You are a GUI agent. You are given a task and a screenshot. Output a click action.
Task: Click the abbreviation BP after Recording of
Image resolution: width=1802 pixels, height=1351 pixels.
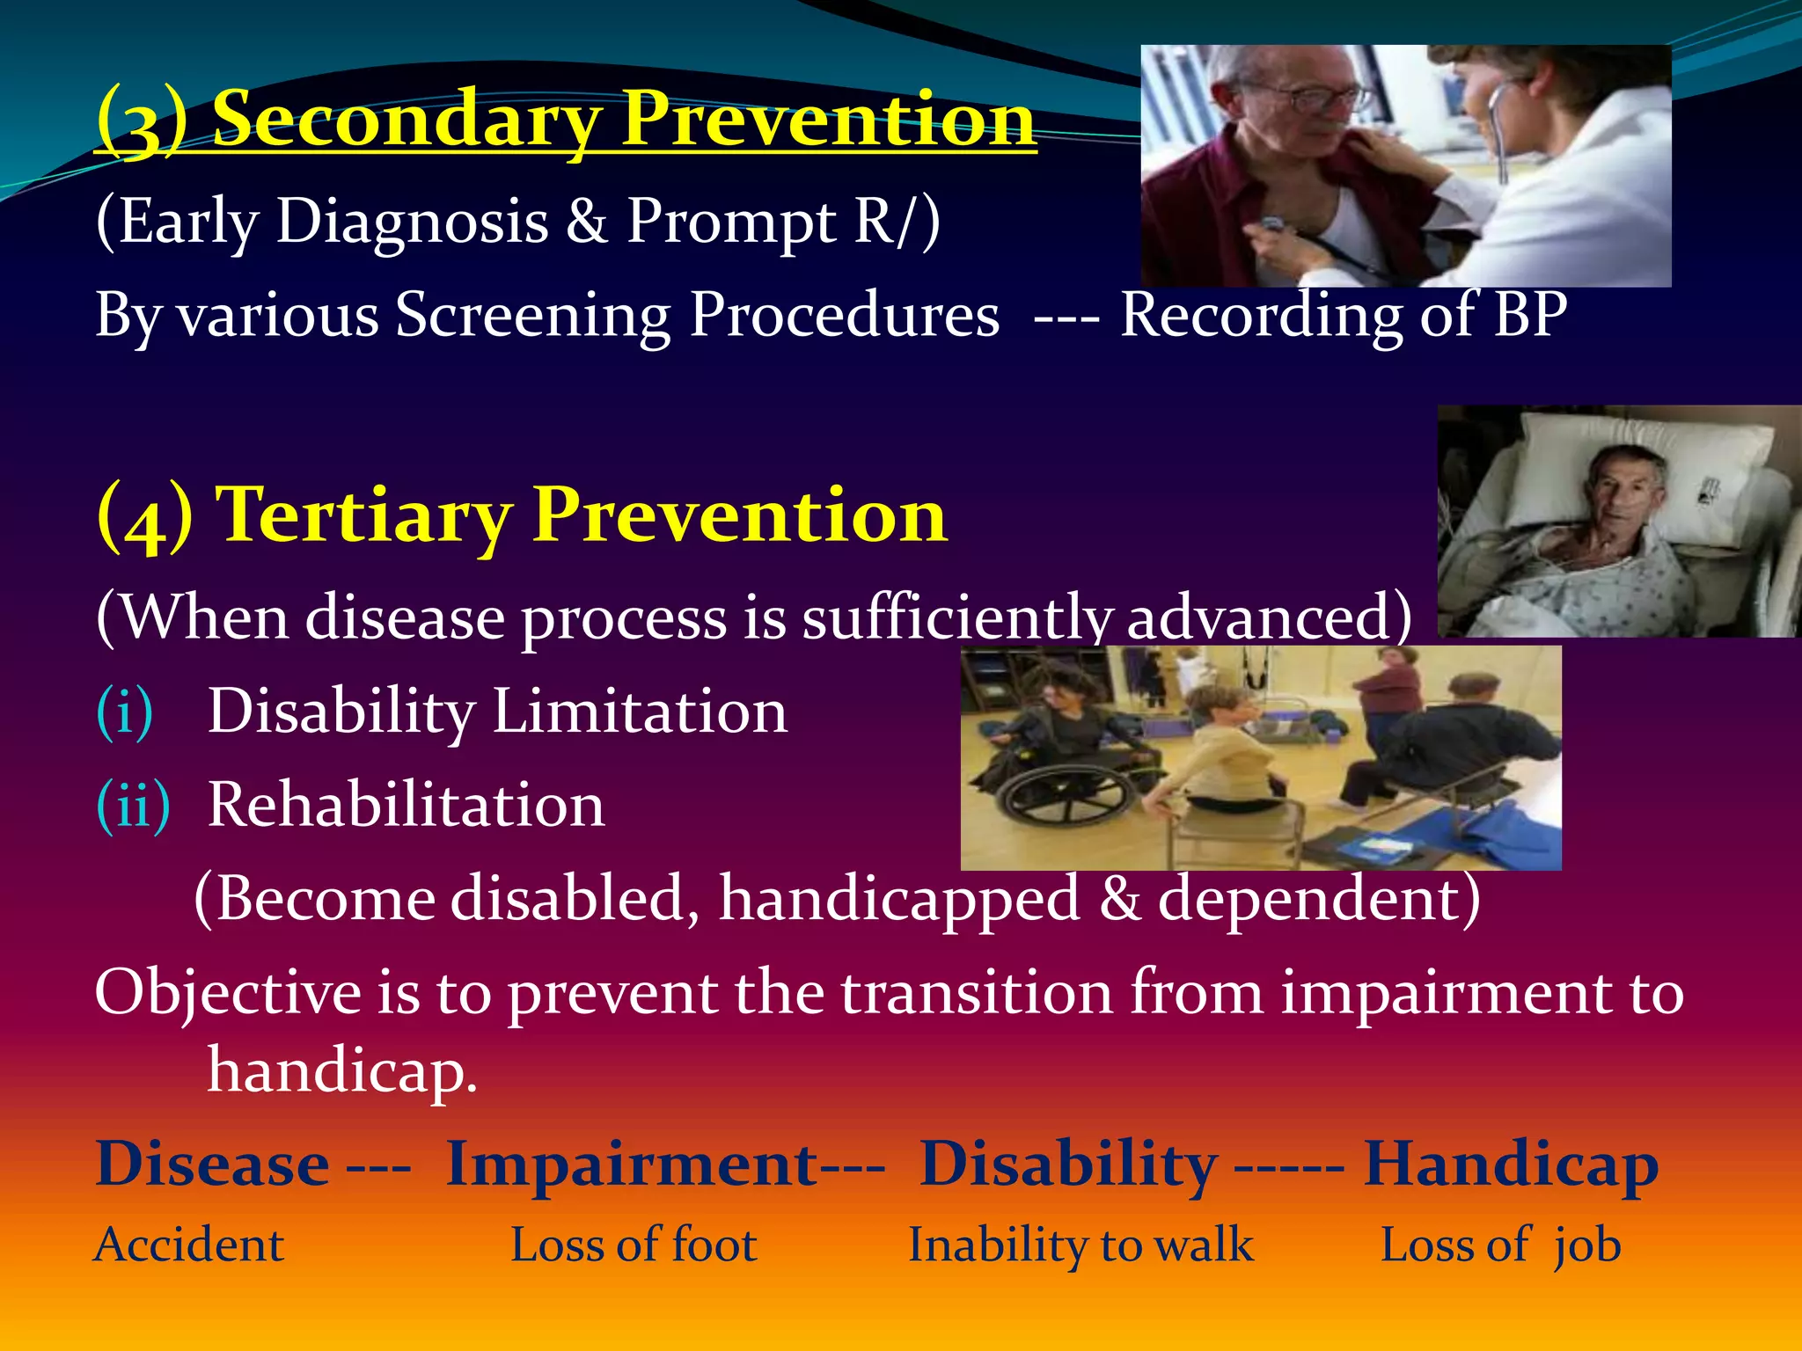(x=1530, y=314)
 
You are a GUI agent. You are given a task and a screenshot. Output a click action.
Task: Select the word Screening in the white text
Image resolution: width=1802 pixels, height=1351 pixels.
(x=532, y=316)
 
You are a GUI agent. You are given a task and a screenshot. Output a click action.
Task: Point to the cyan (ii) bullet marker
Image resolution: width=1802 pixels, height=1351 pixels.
(x=133, y=805)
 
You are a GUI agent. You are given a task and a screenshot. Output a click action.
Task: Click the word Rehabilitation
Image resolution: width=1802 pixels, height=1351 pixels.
(x=406, y=805)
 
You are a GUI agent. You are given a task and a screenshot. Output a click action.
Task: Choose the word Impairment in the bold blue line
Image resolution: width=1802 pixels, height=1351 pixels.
(x=632, y=1165)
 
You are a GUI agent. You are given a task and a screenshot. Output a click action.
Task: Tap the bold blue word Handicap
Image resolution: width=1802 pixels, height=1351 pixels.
(x=1510, y=1165)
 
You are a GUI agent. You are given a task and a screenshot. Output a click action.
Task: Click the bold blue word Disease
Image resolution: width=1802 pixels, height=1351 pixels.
(x=212, y=1165)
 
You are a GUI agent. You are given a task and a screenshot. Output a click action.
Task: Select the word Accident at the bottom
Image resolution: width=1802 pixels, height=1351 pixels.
(x=188, y=1245)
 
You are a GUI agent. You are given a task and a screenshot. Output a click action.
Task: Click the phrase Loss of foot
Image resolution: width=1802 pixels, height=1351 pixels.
(x=634, y=1245)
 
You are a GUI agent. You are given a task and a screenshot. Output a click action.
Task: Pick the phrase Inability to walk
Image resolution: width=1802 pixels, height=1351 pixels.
(x=1080, y=1245)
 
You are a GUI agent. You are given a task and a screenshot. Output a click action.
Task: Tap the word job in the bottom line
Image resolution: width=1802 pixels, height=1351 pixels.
(x=1586, y=1245)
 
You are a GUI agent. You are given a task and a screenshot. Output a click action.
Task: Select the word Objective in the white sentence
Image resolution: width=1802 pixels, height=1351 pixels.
(x=227, y=993)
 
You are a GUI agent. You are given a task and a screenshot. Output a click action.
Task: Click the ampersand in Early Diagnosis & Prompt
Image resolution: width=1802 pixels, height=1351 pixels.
(x=586, y=221)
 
